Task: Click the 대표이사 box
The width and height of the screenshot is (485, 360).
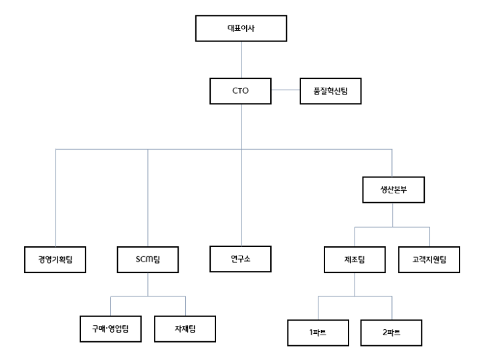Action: pos(241,29)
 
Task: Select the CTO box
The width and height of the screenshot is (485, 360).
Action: pos(241,91)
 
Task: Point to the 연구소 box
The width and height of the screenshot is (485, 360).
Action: pos(241,257)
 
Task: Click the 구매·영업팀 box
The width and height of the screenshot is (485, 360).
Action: pos(110,329)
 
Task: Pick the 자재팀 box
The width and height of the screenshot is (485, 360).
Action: pos(185,329)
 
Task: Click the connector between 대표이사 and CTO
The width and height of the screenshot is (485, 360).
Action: pos(241,61)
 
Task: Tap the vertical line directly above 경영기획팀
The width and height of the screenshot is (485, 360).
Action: pos(55,197)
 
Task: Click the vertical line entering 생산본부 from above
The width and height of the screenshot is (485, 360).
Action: pos(392,163)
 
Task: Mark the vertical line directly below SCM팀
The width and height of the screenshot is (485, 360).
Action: pos(147,282)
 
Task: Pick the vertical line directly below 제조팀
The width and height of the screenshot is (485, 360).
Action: pos(355,284)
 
